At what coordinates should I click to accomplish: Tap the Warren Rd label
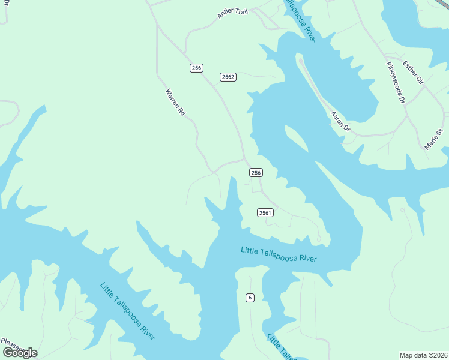point(175,102)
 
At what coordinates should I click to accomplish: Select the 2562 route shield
point(228,77)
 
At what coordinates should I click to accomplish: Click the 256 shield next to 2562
point(196,68)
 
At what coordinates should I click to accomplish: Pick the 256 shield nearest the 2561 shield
point(256,173)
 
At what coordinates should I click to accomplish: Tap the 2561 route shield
point(265,213)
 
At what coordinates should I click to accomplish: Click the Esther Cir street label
point(413,72)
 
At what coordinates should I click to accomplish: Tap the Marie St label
point(434,140)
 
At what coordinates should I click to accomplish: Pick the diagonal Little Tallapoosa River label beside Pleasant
point(128,311)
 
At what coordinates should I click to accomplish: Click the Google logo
point(19,352)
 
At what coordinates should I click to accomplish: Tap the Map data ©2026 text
point(423,355)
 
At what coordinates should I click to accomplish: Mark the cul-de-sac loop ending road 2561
point(318,239)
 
